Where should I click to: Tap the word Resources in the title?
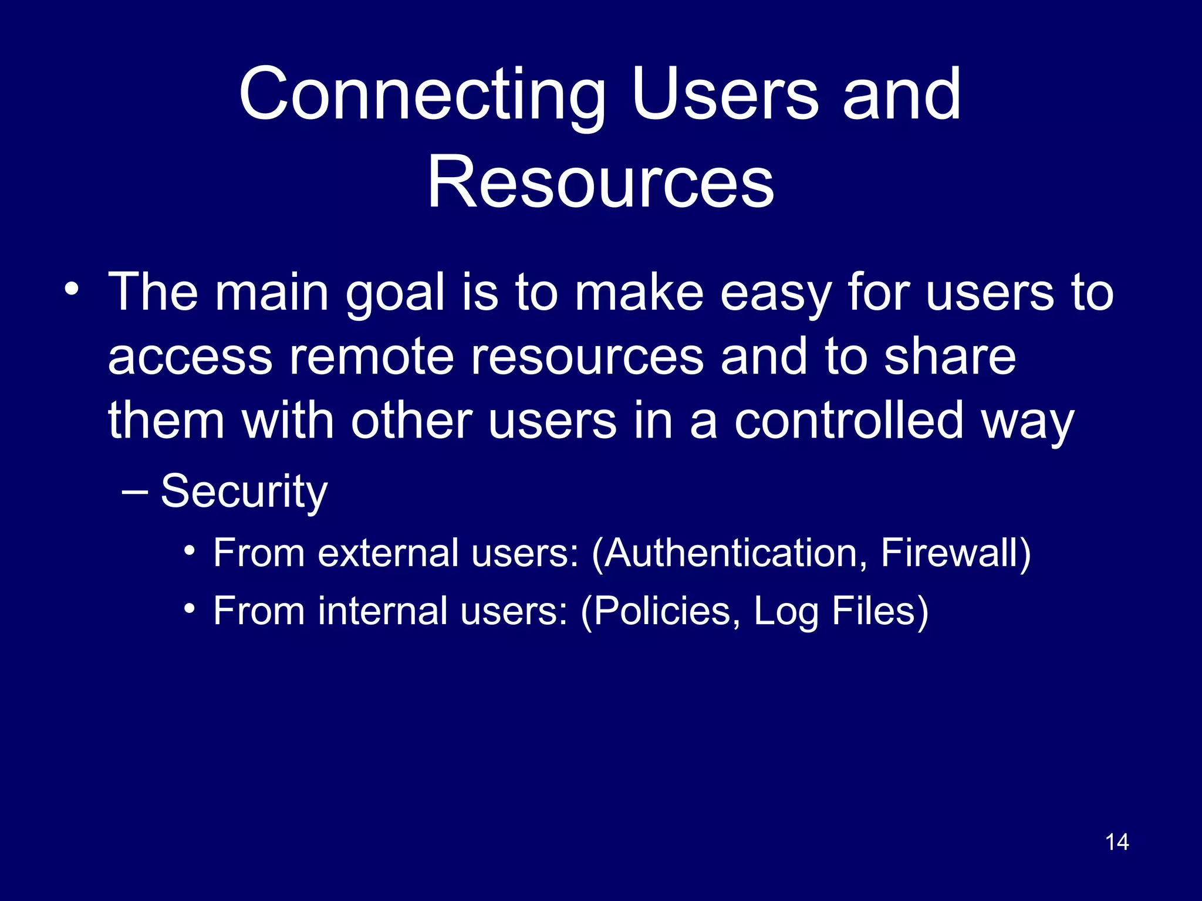click(x=600, y=182)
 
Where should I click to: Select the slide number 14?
click(x=1116, y=842)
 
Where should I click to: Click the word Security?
click(x=244, y=492)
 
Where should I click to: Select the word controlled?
click(x=849, y=421)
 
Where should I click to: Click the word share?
click(x=950, y=357)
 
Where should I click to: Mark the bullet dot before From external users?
click(x=189, y=551)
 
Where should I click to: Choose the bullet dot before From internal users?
click(x=189, y=609)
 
